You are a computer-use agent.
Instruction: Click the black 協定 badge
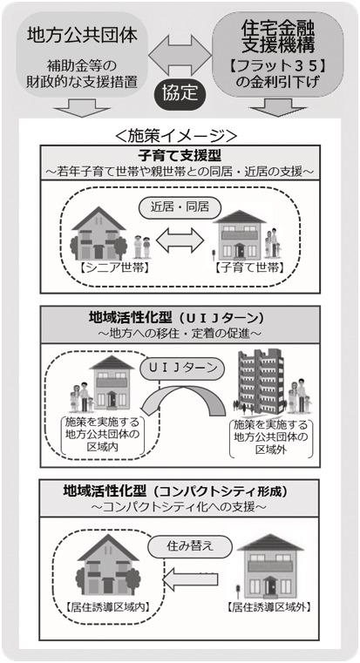tap(180, 92)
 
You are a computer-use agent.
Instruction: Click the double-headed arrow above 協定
tap(180, 53)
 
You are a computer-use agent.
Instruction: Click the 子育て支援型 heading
tap(180, 156)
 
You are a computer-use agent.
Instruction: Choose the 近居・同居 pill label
tap(180, 207)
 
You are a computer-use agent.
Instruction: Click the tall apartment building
tap(261, 381)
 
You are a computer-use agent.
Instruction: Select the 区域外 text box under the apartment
tap(271, 438)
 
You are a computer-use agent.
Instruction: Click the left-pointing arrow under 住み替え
tap(190, 578)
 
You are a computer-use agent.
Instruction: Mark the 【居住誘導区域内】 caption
tap(109, 609)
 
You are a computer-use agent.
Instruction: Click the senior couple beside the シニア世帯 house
tap(142, 247)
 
